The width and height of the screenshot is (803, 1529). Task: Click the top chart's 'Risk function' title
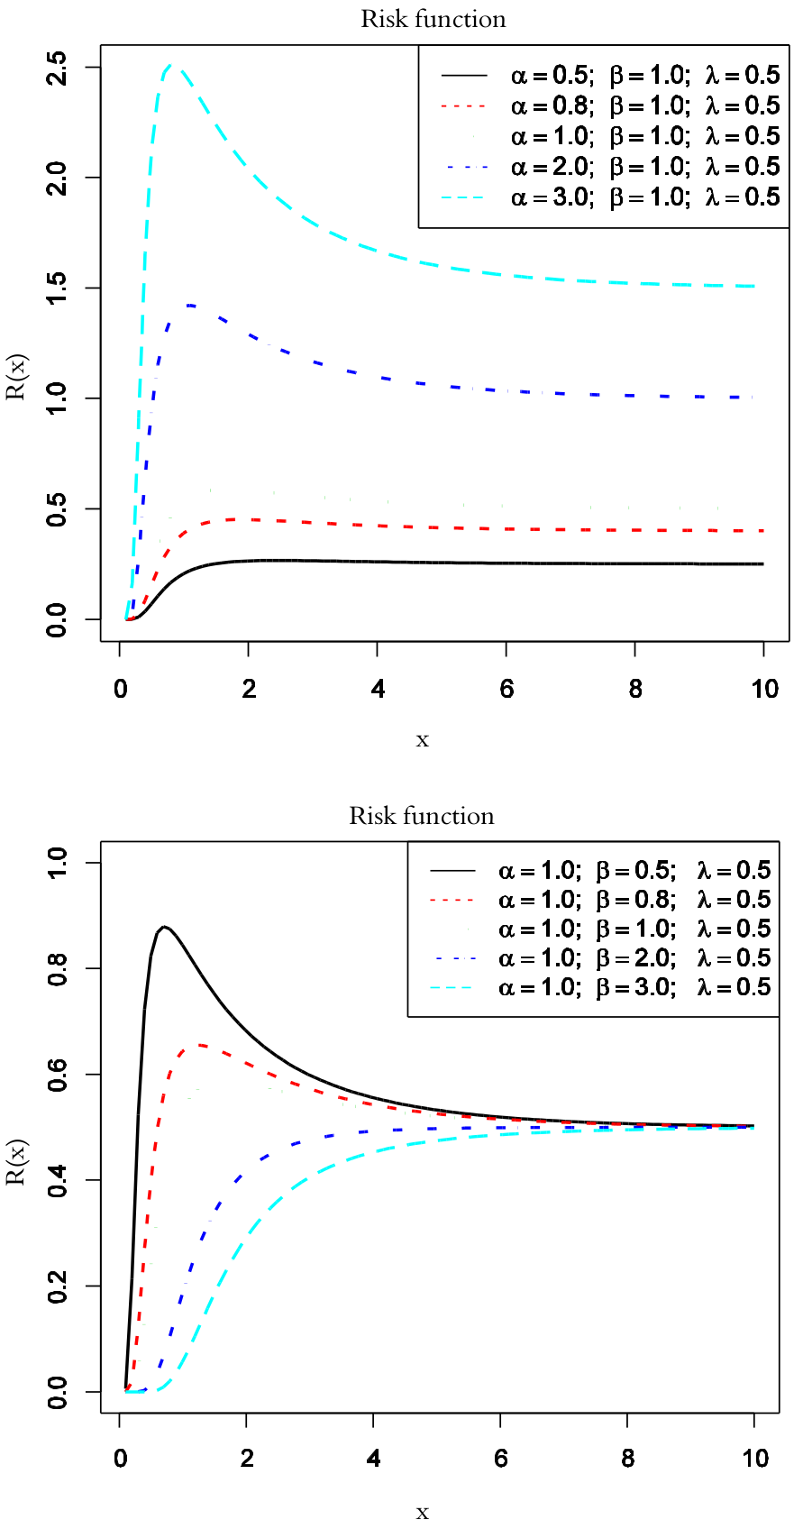[x=433, y=19]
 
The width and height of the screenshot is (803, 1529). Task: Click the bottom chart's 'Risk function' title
[x=422, y=816]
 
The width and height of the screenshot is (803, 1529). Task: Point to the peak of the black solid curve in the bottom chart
[x=163, y=926]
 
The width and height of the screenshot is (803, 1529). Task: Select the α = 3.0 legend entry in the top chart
[x=644, y=197]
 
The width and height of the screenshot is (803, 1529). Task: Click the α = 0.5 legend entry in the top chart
[x=644, y=75]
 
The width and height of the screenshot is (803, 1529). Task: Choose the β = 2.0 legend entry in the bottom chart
[x=634, y=957]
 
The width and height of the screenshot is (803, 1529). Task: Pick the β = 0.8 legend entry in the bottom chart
[x=634, y=900]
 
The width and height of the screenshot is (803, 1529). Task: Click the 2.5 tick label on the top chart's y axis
[x=58, y=68]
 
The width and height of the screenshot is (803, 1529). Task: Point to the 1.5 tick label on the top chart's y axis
[x=58, y=288]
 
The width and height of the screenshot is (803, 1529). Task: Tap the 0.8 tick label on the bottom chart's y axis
[x=58, y=968]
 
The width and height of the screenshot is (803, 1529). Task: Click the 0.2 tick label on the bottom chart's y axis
[x=58, y=1286]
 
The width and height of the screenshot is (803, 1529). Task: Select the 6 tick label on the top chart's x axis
[x=506, y=690]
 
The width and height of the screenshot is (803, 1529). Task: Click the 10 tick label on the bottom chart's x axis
[x=754, y=1459]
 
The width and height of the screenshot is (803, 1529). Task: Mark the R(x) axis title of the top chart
[x=18, y=378]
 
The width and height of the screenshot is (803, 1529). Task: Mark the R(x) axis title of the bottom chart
[x=18, y=1163]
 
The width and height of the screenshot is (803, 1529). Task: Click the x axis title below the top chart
[x=422, y=740]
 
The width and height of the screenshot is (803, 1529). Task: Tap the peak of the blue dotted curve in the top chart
[x=191, y=305]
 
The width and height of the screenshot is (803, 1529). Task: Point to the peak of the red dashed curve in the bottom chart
[x=200, y=1044]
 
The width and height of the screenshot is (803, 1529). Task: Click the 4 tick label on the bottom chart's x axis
[x=373, y=1459]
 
